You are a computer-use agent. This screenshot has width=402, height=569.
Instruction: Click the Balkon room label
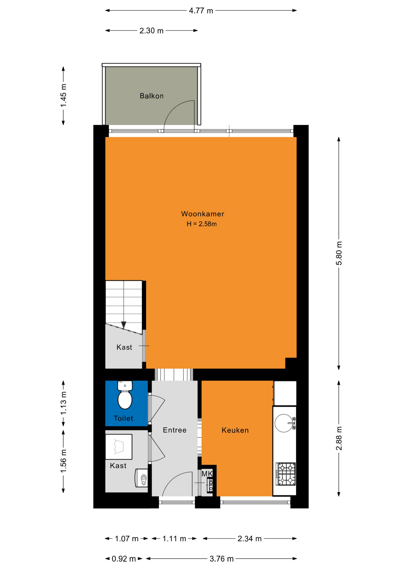(x=152, y=96)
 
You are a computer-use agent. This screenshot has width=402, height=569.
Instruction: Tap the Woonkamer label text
(x=202, y=214)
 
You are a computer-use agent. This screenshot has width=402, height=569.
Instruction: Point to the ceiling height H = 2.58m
(x=202, y=224)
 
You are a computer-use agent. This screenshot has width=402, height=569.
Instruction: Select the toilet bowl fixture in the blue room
(x=125, y=395)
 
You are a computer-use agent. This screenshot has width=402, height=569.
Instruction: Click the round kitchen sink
(x=284, y=423)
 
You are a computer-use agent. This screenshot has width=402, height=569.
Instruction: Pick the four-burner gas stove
(x=286, y=474)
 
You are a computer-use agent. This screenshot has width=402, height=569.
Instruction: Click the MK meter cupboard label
(x=207, y=474)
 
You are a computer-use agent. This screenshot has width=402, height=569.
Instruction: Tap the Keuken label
(x=235, y=430)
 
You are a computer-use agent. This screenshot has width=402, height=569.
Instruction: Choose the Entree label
(x=175, y=430)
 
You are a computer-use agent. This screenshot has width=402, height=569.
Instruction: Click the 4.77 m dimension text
(x=201, y=11)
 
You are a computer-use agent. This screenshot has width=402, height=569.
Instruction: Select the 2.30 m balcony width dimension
(x=151, y=31)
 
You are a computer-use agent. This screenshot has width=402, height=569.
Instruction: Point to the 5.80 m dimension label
(x=339, y=253)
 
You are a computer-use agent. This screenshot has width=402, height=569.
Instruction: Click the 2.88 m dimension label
(x=339, y=439)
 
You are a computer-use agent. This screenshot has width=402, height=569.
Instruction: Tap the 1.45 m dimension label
(x=63, y=95)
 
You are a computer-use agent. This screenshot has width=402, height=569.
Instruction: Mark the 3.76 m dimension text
(x=221, y=559)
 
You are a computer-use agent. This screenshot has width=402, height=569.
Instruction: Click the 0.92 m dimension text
(x=124, y=559)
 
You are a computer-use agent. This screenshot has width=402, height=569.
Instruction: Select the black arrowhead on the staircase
(x=124, y=325)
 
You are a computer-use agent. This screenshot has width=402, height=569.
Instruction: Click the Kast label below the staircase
(x=124, y=347)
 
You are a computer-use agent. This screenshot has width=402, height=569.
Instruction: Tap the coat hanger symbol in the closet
(x=118, y=447)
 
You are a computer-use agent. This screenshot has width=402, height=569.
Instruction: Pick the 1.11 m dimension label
(x=174, y=539)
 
